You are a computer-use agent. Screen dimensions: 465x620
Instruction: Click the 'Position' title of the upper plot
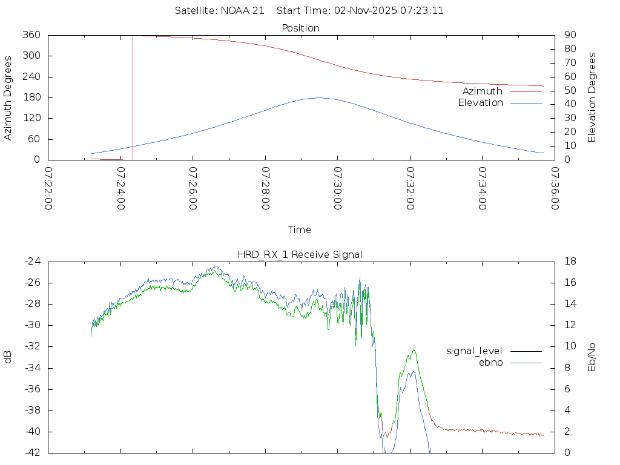300,28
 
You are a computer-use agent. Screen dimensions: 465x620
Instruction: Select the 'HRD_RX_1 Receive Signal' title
300,254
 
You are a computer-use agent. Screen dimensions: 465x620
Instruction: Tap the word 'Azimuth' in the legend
483,91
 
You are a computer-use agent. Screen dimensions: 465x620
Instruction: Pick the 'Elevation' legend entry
481,103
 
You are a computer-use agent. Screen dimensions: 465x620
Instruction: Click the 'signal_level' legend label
474,351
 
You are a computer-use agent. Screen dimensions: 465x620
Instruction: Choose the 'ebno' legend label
490,362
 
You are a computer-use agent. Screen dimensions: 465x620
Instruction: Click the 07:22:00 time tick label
48,188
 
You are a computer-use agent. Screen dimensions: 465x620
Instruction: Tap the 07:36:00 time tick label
554,188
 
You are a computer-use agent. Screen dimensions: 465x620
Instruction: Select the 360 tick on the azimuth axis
31,35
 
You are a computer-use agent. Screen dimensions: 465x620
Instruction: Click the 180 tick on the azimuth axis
31,97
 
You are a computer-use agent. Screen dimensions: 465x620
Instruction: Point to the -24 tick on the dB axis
32,262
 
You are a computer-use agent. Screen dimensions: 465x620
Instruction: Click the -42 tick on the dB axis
32,452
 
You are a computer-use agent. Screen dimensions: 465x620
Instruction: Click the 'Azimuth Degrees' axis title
8,97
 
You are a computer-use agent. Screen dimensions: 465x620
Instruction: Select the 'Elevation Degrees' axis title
592,97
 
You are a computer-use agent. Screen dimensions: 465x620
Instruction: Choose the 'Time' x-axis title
300,229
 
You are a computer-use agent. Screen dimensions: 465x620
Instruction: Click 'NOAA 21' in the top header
245,11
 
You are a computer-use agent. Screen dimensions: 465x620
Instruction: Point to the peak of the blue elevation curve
319,97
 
